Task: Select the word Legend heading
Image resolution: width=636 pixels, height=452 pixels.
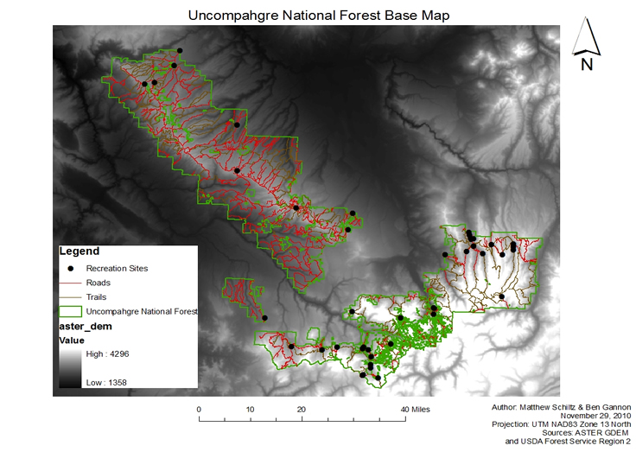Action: click(78, 251)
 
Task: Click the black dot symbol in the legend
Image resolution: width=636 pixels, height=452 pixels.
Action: click(70, 268)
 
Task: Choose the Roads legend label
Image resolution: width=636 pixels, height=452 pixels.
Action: click(98, 283)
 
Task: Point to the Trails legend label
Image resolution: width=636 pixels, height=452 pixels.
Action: click(97, 296)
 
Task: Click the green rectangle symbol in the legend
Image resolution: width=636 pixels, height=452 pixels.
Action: click(69, 310)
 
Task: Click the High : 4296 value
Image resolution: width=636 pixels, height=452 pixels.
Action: click(108, 354)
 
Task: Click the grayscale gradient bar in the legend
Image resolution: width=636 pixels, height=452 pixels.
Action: click(70, 368)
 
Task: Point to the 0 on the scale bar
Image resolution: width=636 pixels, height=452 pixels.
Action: click(199, 409)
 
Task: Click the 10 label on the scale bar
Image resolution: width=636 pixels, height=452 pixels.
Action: click(251, 409)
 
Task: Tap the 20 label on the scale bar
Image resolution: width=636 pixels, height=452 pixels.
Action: click(302, 409)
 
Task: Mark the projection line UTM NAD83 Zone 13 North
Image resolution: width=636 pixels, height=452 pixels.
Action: click(561, 424)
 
